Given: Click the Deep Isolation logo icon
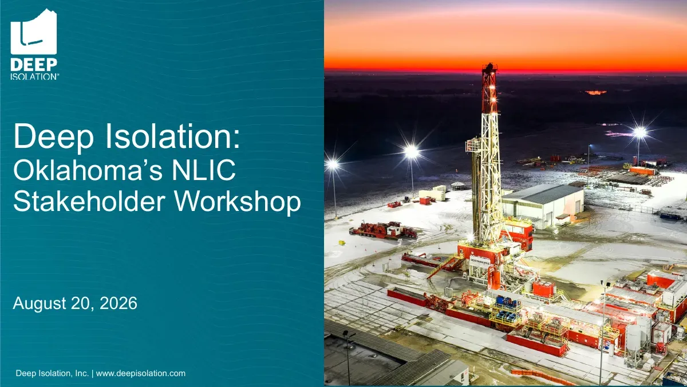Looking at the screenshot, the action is [x=34, y=32].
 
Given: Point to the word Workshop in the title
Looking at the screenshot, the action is [x=238, y=201].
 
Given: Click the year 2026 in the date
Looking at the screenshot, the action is [x=119, y=303].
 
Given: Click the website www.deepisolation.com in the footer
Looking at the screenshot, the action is [x=141, y=373].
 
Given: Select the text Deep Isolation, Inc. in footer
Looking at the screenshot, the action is [x=52, y=373].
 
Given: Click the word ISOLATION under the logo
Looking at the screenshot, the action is [x=34, y=76].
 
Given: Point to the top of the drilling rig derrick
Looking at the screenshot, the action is [x=489, y=65].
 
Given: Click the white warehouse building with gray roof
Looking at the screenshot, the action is [x=543, y=206].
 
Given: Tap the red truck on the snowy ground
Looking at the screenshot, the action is [x=384, y=230].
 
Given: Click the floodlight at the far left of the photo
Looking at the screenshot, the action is [x=332, y=165].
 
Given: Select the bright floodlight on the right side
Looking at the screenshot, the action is [x=640, y=132].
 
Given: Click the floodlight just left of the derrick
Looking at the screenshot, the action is [x=411, y=152].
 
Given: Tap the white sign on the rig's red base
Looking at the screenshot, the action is [x=480, y=260].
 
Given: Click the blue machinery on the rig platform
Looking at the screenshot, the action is [x=508, y=307].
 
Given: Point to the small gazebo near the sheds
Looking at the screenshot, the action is [x=457, y=186].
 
